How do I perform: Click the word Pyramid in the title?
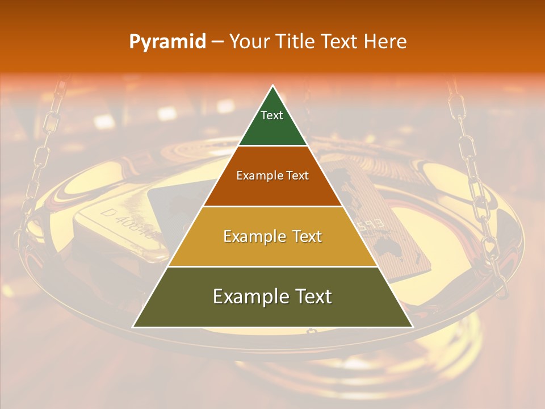click(167, 42)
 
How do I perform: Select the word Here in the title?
click(386, 41)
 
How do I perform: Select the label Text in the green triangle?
click(272, 115)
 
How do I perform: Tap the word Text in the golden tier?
click(304, 236)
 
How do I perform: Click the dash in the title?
click(217, 42)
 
